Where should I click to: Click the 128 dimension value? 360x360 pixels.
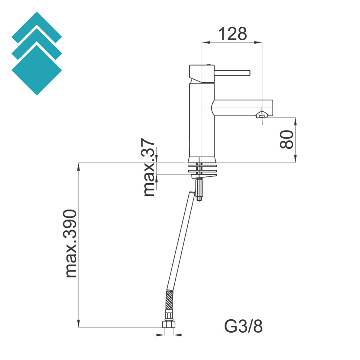pos(233,34)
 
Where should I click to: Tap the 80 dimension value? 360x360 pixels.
pos(287,139)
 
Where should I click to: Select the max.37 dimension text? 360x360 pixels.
pos(149,167)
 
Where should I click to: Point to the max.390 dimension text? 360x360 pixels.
pos(71,243)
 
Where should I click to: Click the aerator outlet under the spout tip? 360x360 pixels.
pos(262,116)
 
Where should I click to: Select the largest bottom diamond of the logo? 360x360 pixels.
pos(37,70)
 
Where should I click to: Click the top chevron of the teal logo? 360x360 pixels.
pos(37,27)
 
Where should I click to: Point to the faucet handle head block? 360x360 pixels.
pos(202,74)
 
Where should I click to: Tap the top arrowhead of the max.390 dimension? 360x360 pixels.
pos(78,166)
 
